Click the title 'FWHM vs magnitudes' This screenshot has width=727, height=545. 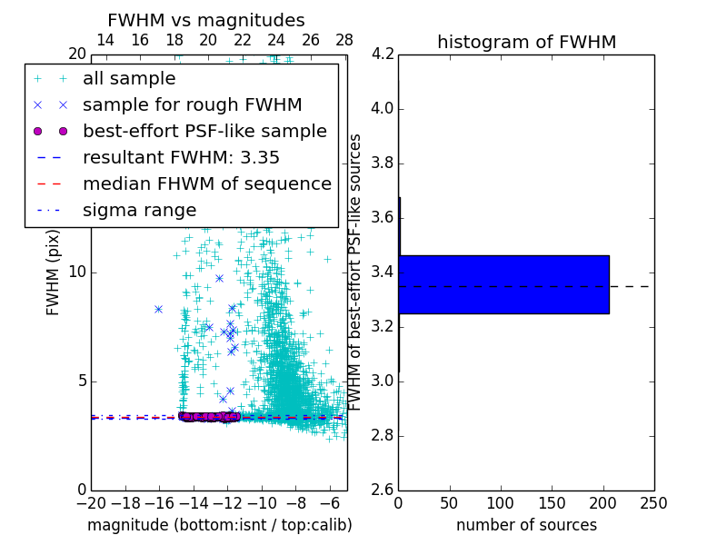[206, 21]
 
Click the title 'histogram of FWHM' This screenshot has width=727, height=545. [526, 42]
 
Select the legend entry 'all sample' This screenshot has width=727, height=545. [129, 79]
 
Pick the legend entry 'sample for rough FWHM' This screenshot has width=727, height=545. [192, 104]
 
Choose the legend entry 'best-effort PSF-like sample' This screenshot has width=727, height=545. [204, 131]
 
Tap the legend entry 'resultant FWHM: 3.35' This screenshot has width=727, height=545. [181, 157]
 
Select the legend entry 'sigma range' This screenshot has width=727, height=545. [139, 210]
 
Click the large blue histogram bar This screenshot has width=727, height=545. [503, 284]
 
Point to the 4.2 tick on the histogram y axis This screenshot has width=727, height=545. [382, 54]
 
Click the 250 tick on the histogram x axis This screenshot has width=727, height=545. [653, 503]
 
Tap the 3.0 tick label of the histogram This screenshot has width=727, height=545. [382, 381]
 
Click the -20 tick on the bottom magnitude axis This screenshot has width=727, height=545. [91, 503]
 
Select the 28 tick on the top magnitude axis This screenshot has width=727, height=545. [344, 40]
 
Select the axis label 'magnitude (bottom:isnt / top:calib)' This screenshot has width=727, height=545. [219, 525]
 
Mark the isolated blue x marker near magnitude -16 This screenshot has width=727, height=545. [158, 309]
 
